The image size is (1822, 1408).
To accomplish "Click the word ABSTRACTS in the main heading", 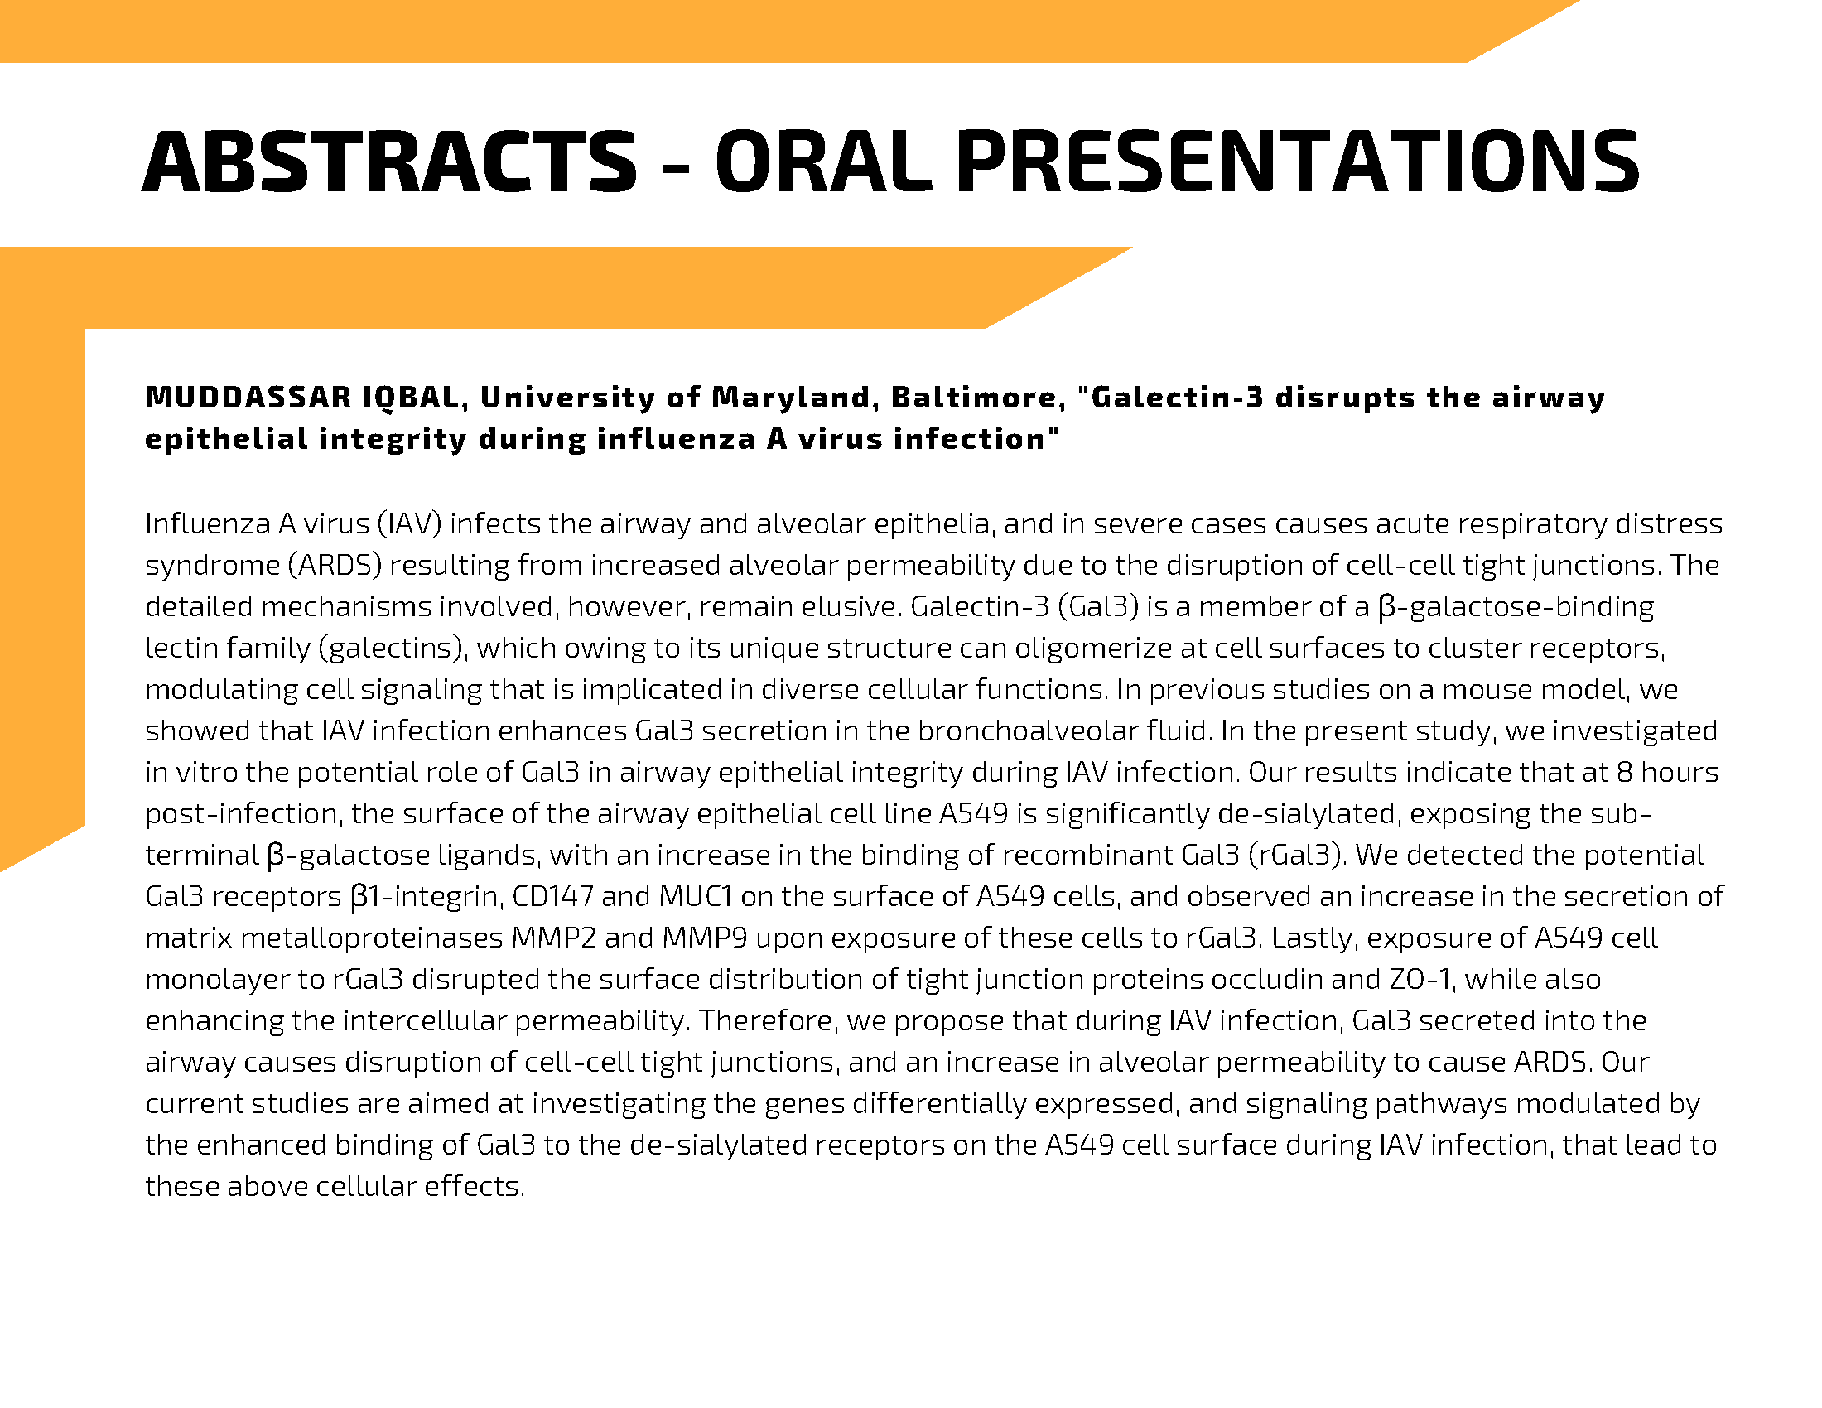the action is click(390, 162).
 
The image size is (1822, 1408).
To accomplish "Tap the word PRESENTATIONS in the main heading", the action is click(1297, 162).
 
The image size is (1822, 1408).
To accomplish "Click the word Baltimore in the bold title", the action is click(978, 398).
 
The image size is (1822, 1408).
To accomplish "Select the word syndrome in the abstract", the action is click(213, 567).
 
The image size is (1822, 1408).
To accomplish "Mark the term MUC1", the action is click(696, 897).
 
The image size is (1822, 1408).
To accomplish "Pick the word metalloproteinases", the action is click(372, 939).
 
